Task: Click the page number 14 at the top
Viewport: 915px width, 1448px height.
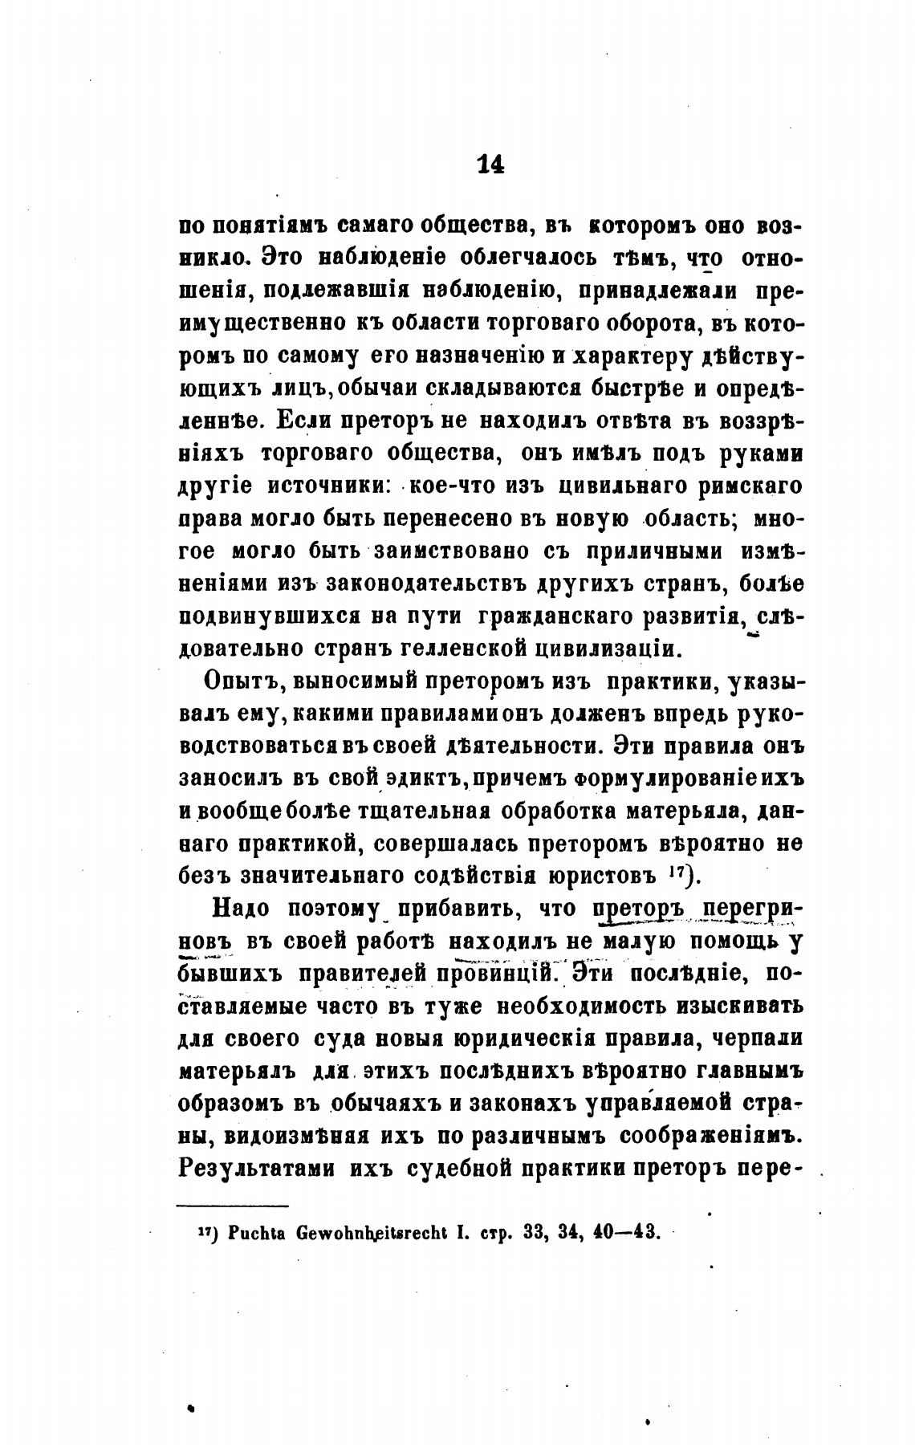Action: pos(490,164)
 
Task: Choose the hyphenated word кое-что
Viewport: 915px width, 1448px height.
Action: pos(453,486)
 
